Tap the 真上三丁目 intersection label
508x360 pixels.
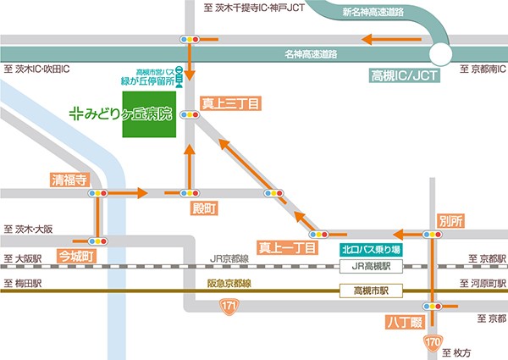pos(230,103)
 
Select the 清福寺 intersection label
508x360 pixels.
pos(69,180)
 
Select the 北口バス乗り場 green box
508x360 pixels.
pos(370,250)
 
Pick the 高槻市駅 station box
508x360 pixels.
pos(370,292)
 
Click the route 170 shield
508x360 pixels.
pos(433,343)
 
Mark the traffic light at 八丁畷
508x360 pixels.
pos(433,306)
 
